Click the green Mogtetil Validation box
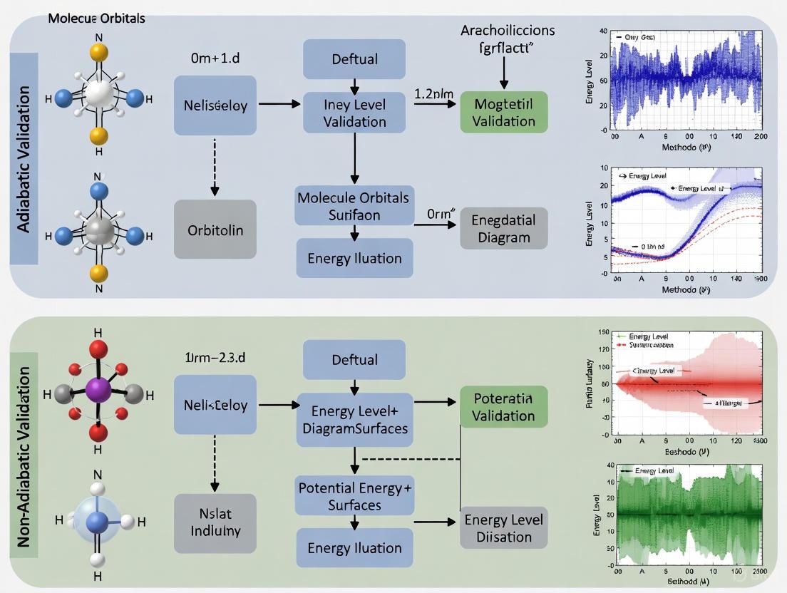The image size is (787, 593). point(504,112)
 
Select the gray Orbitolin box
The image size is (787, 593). point(215,230)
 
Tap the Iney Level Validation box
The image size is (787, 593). point(354,113)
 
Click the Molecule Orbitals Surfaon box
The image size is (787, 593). point(354,206)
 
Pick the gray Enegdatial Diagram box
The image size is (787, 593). point(504,228)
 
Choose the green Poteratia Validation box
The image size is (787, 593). point(503,406)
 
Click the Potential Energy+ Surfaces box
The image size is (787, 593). point(354,496)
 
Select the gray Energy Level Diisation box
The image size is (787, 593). point(504,527)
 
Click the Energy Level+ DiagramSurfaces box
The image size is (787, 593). point(354,420)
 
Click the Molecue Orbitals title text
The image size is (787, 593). point(96,18)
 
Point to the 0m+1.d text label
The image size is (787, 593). point(215,57)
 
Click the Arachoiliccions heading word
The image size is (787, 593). point(508,30)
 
